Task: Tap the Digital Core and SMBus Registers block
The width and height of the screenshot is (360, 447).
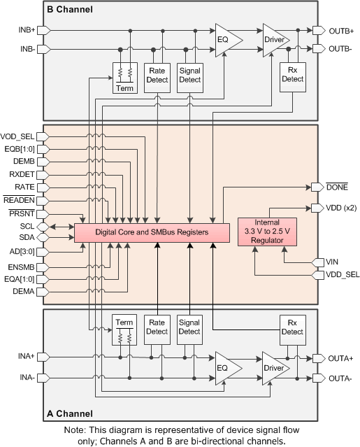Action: click(152, 232)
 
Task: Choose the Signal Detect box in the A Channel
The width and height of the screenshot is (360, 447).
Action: click(189, 326)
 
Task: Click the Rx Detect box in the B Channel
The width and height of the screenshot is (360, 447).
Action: click(292, 75)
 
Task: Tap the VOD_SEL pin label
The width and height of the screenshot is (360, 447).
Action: click(17, 136)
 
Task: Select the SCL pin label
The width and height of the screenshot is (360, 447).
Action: click(25, 227)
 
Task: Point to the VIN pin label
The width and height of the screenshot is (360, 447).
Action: click(332, 262)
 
